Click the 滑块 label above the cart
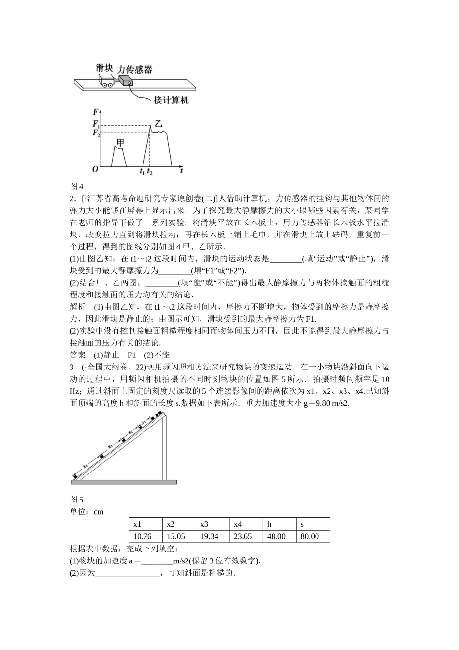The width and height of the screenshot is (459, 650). (x=105, y=67)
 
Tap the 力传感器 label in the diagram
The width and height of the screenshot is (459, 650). (x=135, y=69)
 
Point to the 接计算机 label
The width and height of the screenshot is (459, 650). (x=171, y=100)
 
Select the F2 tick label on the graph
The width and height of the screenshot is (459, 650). (x=96, y=133)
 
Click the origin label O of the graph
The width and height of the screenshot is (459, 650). (x=95, y=169)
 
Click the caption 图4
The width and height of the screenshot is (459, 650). (x=77, y=186)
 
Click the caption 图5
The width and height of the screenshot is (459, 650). (x=77, y=499)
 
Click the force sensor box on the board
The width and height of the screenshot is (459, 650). (x=126, y=81)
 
